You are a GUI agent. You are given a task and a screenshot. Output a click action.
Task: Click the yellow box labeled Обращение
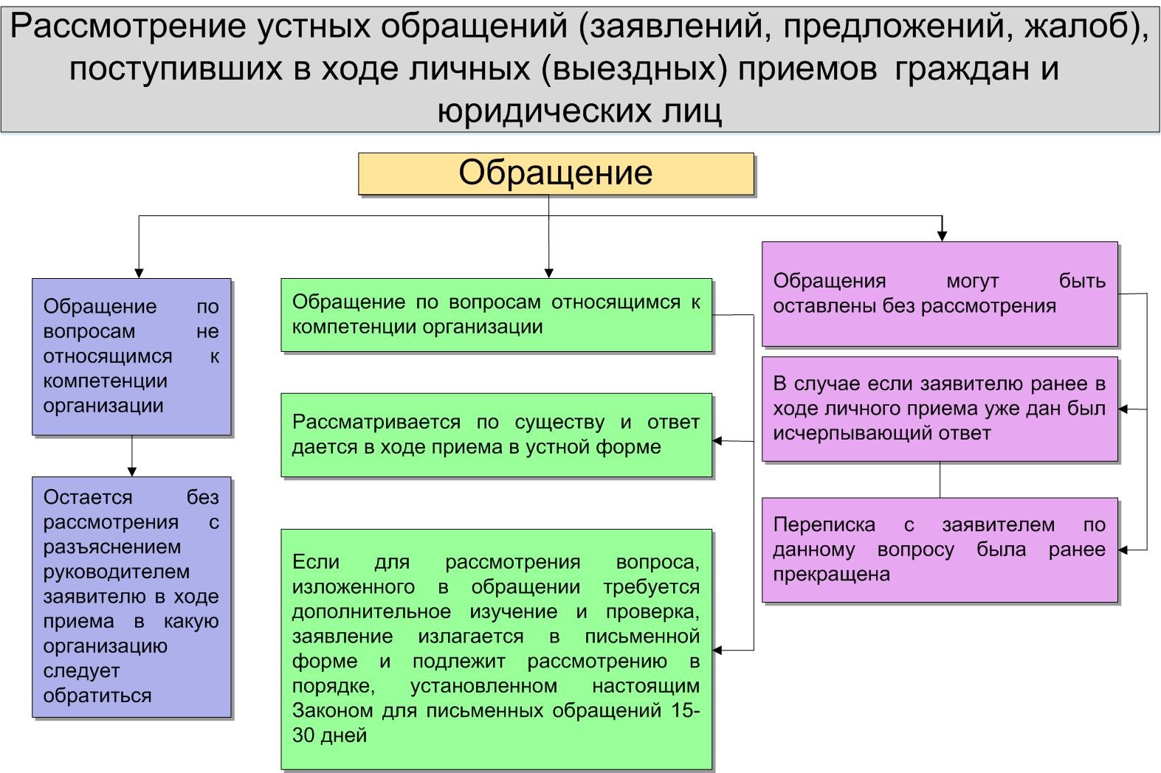coord(556,173)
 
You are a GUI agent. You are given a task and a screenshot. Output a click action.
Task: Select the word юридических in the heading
coord(542,111)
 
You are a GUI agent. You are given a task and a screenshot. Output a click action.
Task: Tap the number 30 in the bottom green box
coord(303,735)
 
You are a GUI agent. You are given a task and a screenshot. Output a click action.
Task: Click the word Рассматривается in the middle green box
coord(376,422)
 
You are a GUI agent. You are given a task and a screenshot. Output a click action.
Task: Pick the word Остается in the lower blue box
coord(88,497)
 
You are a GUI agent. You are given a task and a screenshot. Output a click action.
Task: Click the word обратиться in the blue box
coord(97,696)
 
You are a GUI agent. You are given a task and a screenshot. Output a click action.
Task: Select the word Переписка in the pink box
coord(824,525)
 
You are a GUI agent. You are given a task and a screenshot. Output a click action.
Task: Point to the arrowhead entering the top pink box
coord(942,236)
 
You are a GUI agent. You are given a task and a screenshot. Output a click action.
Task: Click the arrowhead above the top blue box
coord(138,273)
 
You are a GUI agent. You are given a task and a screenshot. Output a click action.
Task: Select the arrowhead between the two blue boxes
coord(131,471)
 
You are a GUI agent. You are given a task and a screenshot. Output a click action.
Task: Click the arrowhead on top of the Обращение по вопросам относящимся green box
coord(549,273)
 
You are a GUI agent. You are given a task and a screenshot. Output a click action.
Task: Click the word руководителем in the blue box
coord(117,572)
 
